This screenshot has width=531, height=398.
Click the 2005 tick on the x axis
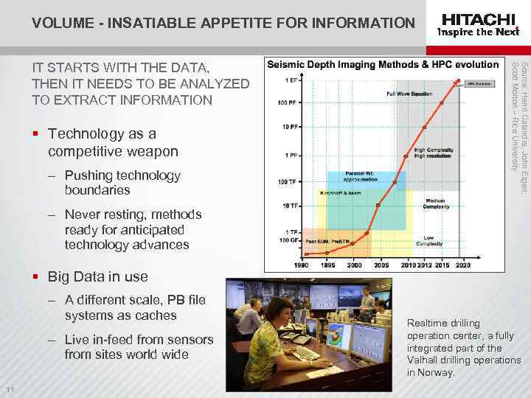[x=381, y=265]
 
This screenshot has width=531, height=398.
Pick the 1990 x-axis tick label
[x=302, y=265]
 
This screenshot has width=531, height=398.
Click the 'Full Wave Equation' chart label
[x=409, y=94]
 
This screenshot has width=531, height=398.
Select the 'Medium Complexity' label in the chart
[x=434, y=204]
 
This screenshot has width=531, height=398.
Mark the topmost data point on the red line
[x=459, y=80]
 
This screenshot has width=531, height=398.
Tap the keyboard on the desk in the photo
[x=305, y=354]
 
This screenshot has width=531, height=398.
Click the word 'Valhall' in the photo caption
[x=423, y=360]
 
